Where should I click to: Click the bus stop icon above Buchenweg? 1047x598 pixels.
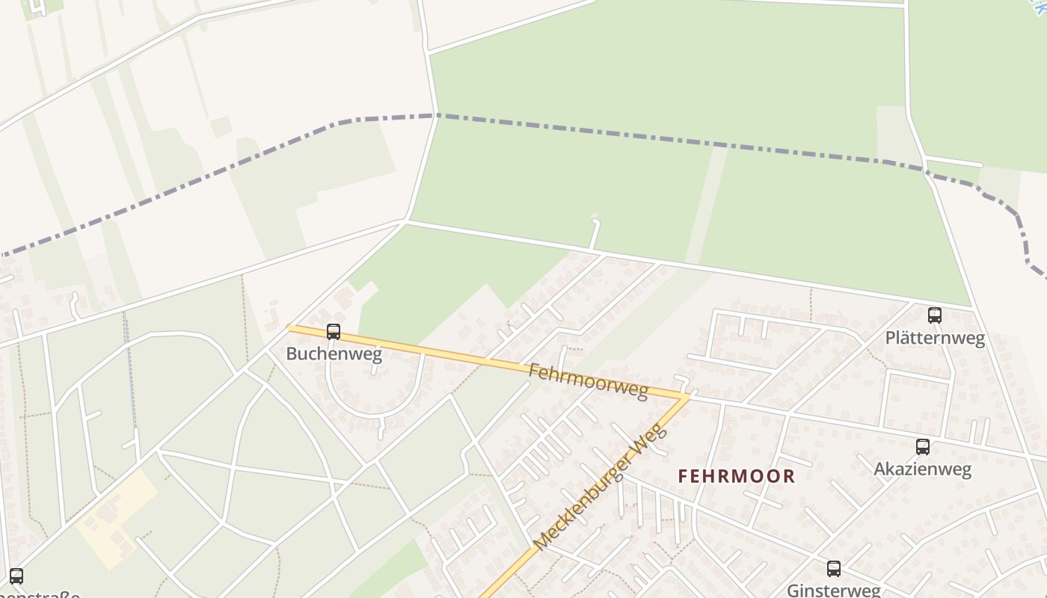[334, 331]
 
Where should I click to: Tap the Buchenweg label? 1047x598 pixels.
[334, 354]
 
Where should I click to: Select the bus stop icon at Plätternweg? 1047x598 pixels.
[934, 315]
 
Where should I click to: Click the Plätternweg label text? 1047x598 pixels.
[935, 338]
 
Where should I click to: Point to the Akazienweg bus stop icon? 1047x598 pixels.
[923, 447]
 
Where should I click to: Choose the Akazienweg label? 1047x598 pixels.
[922, 469]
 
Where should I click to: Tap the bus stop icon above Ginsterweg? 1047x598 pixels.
[834, 569]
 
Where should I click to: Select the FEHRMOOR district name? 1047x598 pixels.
[736, 476]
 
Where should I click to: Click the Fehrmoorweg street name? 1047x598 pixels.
[588, 380]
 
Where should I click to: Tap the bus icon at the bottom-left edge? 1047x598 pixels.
[16, 576]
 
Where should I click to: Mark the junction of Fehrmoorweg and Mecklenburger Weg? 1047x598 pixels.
[687, 396]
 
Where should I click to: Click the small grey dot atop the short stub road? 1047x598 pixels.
[595, 218]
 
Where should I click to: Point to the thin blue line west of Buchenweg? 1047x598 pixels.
[129, 374]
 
